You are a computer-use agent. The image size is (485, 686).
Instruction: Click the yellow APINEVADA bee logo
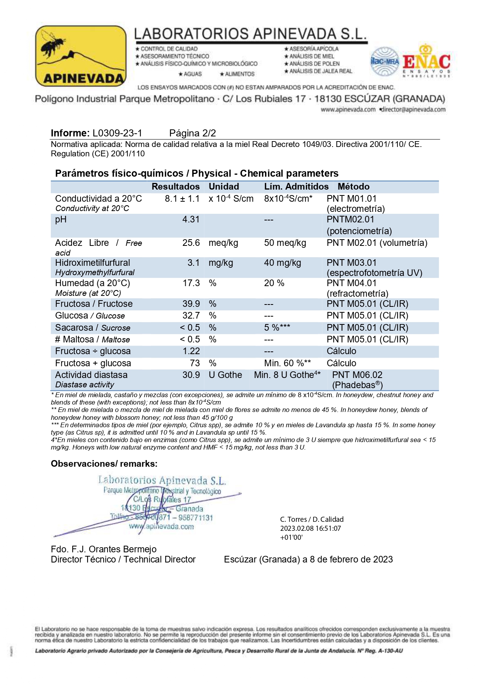81,56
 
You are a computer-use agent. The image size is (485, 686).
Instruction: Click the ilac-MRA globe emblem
385,61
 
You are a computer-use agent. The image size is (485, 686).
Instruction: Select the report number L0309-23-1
117,133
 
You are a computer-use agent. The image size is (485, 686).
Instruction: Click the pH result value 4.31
191,220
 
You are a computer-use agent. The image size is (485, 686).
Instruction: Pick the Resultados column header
175,187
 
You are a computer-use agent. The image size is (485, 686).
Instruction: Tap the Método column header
353,187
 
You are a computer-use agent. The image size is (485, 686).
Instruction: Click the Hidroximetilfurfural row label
93,263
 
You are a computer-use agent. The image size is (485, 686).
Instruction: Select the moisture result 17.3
191,283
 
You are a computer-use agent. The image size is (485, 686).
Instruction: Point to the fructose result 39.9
191,304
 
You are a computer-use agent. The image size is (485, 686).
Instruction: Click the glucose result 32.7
191,316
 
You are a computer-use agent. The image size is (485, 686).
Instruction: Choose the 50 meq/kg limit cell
285,243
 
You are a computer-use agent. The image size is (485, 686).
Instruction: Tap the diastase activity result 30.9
191,375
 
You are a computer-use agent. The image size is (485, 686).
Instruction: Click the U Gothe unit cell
225,375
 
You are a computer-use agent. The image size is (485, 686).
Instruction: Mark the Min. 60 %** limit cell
287,364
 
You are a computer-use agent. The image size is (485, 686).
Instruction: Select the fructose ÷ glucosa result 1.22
191,351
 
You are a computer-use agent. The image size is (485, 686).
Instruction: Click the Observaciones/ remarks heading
104,464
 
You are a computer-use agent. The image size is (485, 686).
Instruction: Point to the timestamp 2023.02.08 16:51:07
310,528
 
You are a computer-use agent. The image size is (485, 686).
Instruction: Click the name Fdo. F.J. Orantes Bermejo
104,550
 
